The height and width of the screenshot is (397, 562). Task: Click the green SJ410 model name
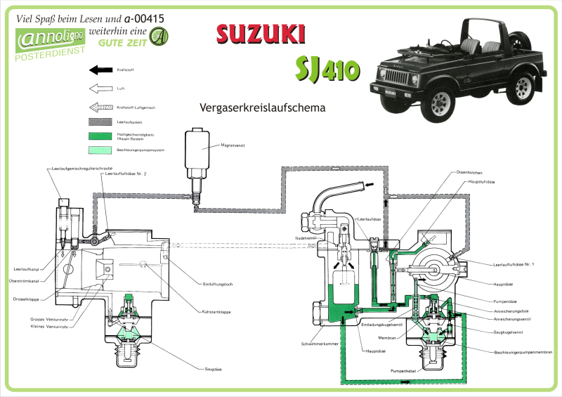tap(327, 68)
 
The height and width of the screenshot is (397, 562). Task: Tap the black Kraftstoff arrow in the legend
tap(102, 70)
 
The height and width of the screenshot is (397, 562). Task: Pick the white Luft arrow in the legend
tap(102, 89)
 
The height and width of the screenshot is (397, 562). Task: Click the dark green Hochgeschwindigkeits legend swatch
tap(102, 136)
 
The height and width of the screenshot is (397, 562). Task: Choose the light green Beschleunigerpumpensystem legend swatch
tap(102, 150)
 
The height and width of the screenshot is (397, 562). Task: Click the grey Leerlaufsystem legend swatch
tap(102, 122)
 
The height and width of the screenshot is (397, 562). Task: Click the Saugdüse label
tap(214, 368)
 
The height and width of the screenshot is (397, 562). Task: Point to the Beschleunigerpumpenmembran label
tap(523, 351)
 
